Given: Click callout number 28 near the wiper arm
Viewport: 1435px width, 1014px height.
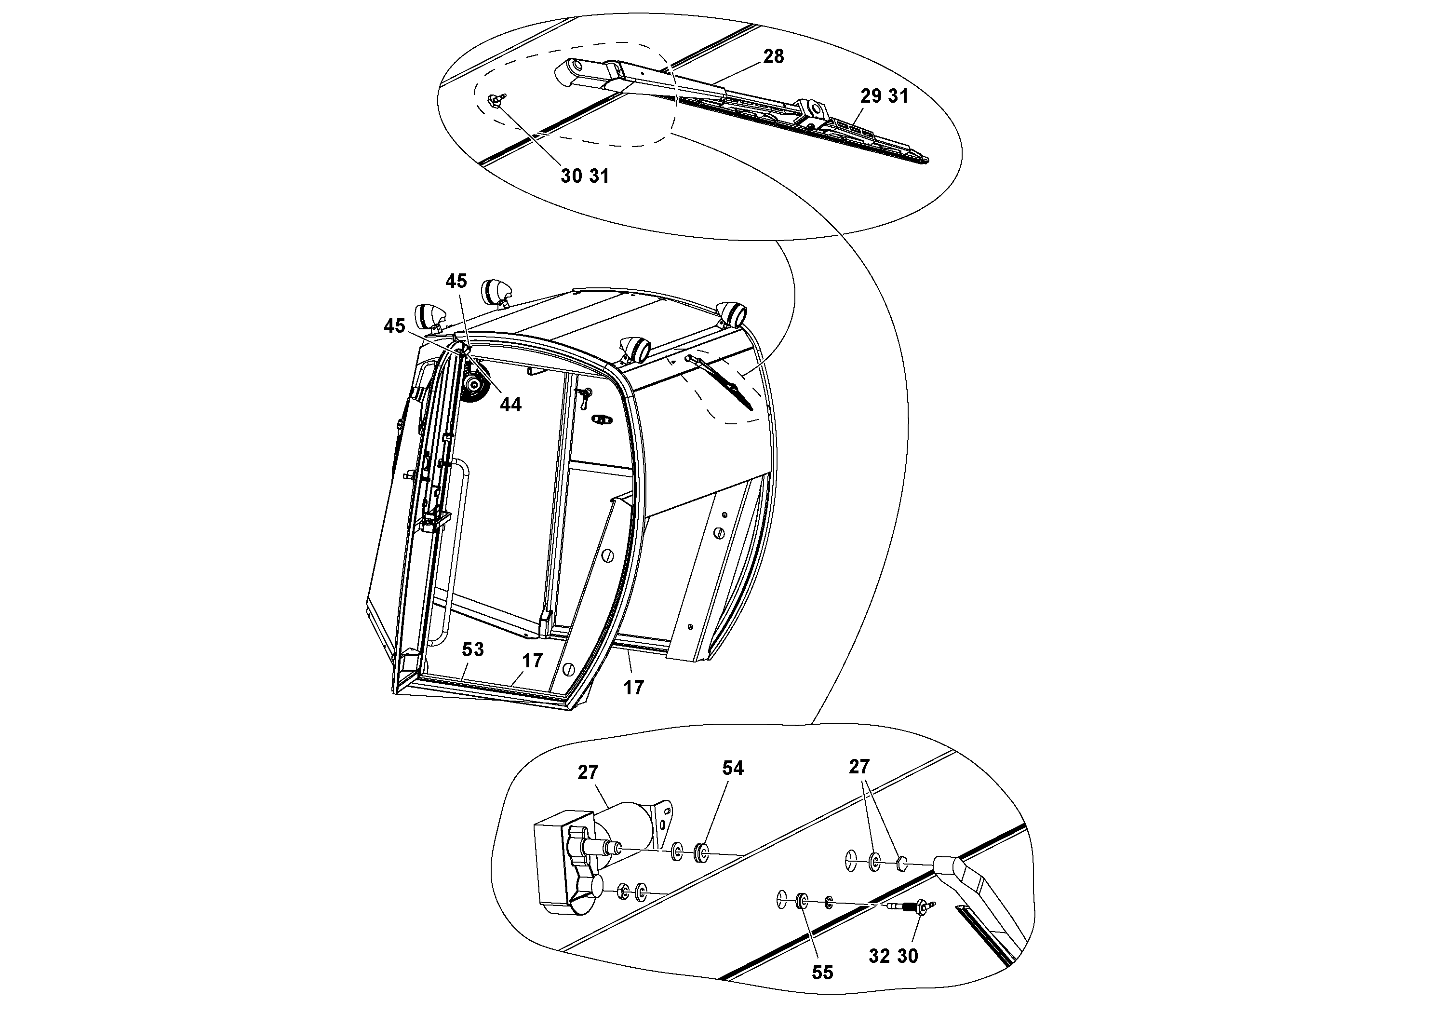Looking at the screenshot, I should click(773, 57).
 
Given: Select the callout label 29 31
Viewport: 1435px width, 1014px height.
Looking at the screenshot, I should click(884, 96).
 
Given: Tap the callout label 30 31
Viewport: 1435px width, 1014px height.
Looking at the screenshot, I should click(584, 176).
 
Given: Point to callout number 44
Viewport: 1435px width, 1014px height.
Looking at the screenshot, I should click(510, 405).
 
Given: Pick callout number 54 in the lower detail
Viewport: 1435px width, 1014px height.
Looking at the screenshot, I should click(733, 768).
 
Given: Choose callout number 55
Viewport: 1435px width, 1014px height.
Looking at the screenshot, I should click(822, 972).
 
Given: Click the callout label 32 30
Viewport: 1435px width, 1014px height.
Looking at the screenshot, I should click(893, 957).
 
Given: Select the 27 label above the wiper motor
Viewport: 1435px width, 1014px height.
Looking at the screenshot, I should click(588, 773).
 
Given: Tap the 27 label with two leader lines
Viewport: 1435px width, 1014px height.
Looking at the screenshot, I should click(859, 767).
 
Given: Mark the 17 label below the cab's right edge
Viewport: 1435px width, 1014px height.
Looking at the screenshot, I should click(633, 688).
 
